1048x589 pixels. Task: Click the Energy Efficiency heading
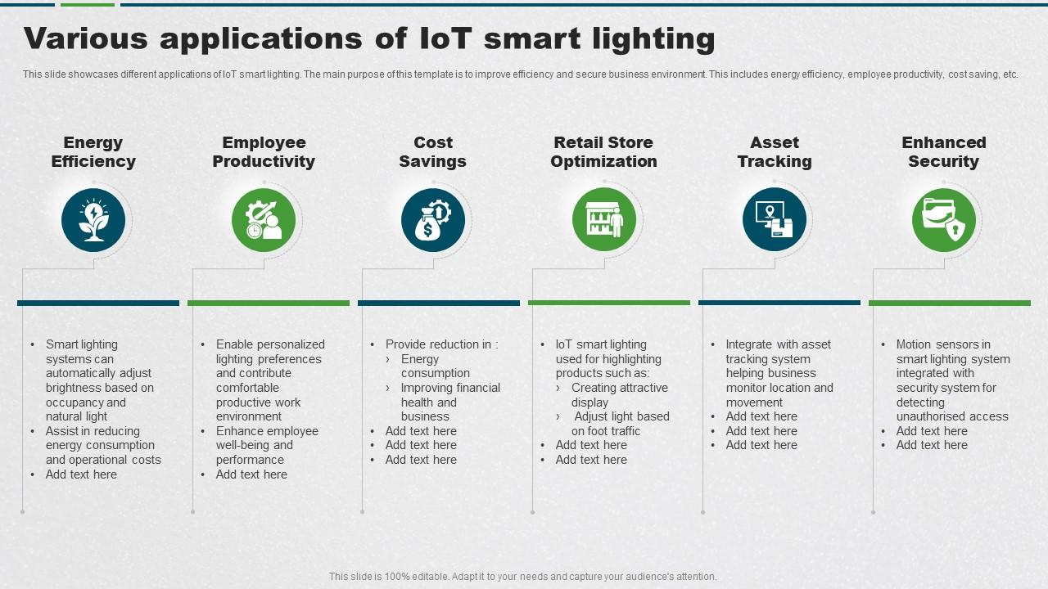(93, 152)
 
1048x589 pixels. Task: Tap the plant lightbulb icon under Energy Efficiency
(93, 220)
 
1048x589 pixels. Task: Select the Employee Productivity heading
(264, 152)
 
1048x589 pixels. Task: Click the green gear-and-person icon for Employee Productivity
(264, 220)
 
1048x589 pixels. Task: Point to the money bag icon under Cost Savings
(433, 220)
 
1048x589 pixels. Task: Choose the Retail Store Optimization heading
(603, 152)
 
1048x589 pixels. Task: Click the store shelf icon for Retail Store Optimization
(604, 220)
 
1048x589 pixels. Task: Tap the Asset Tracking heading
(775, 152)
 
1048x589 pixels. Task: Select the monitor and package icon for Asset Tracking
(775, 220)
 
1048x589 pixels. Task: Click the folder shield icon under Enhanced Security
(944, 220)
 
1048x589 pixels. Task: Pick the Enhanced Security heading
(944, 152)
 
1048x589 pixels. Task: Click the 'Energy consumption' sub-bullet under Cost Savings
(435, 366)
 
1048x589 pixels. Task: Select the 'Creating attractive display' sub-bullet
(619, 395)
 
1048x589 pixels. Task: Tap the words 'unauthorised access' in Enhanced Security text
(952, 416)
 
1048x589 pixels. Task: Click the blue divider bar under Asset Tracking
(779, 303)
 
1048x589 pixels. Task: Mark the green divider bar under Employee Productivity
(269, 303)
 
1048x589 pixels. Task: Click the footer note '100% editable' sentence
(522, 577)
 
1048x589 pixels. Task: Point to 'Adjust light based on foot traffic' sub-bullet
(621, 424)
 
